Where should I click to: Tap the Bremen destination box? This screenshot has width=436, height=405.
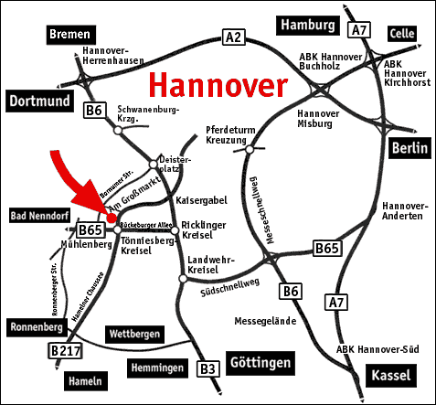(x=69, y=34)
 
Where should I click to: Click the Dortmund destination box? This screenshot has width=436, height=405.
(x=40, y=100)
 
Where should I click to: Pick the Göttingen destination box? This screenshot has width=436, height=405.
(x=260, y=363)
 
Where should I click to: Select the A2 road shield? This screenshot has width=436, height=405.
(x=235, y=37)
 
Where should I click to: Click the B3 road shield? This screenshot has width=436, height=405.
(x=208, y=368)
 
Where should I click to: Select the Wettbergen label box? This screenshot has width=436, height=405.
(x=133, y=335)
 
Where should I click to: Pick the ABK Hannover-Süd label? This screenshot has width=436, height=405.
(x=371, y=347)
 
